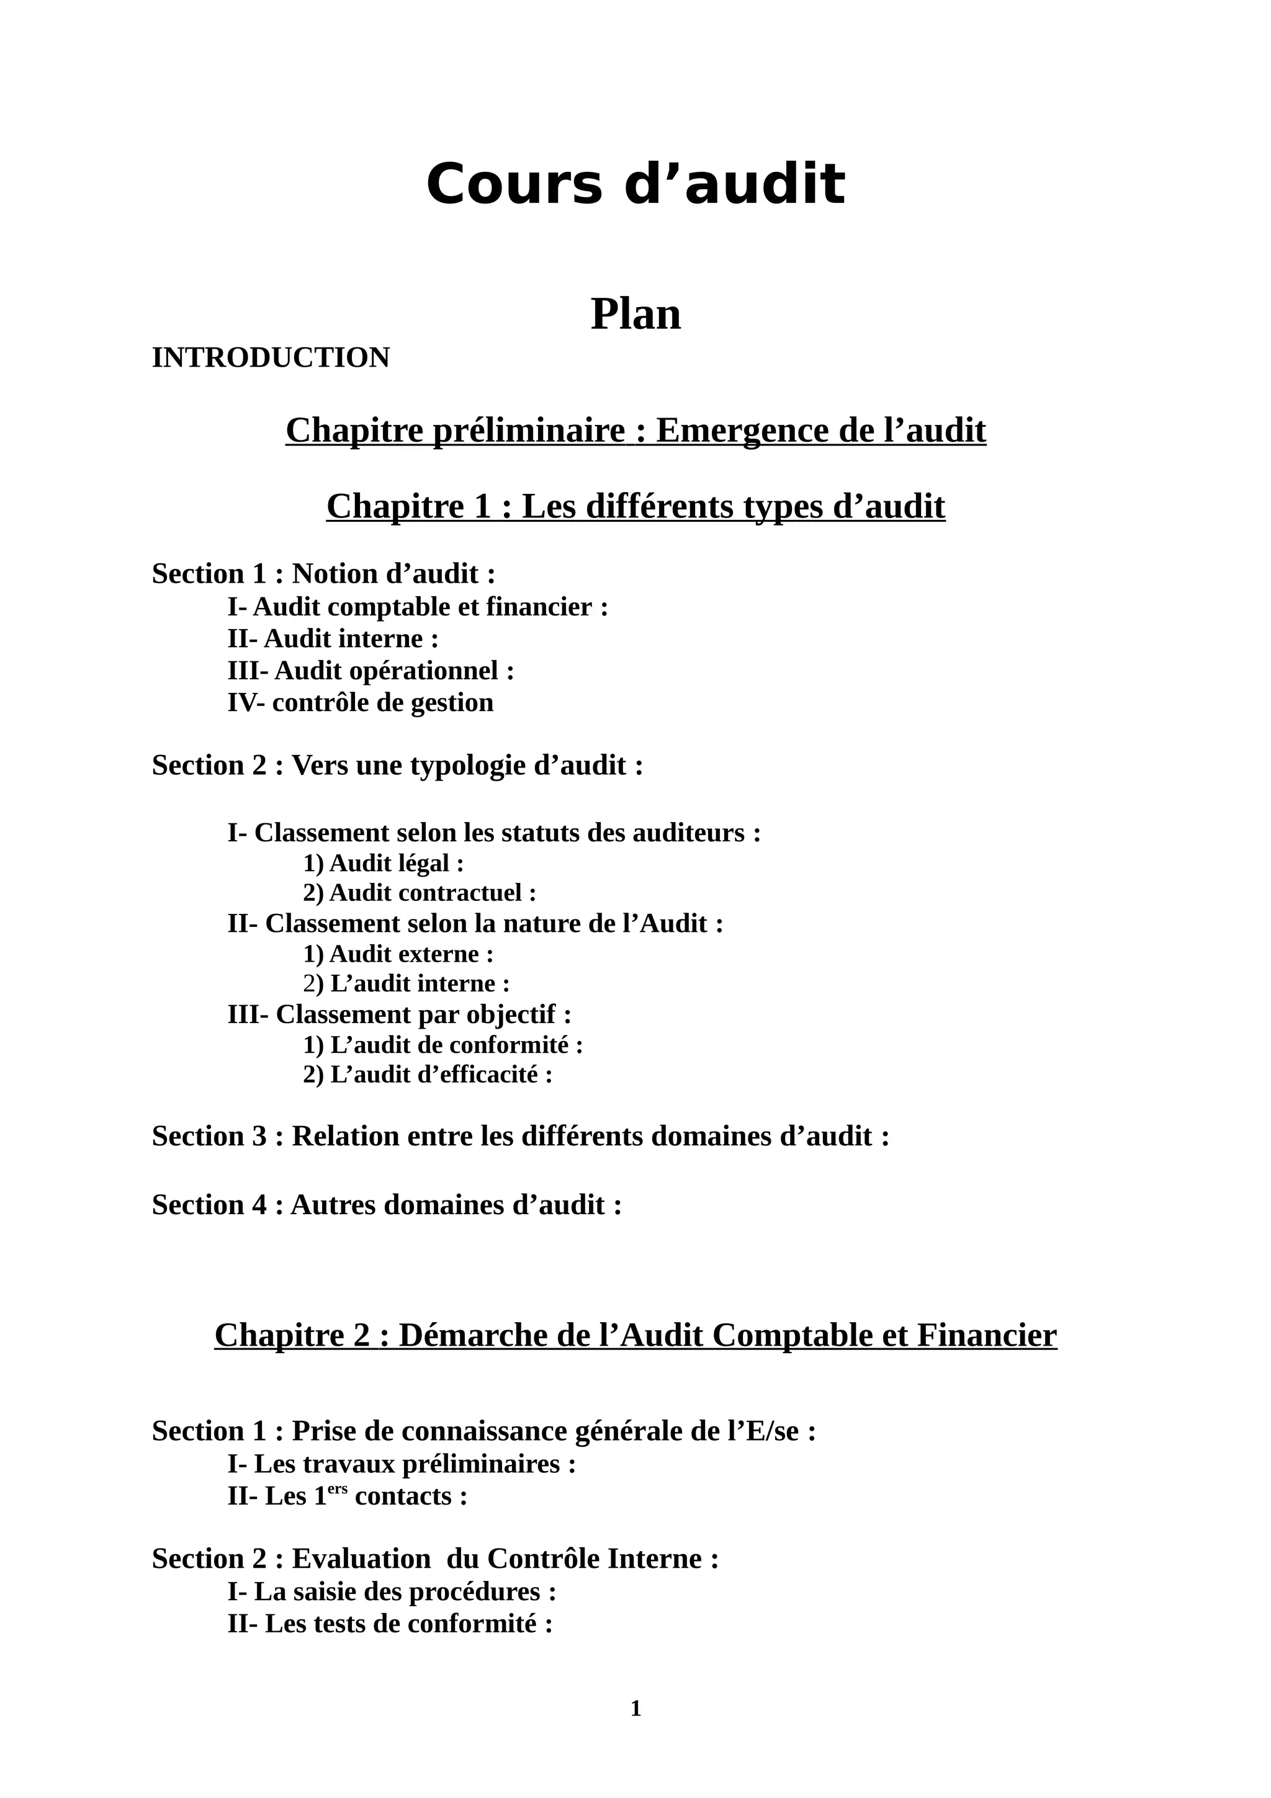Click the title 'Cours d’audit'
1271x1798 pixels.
[635, 185]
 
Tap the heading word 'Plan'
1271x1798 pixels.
[635, 314]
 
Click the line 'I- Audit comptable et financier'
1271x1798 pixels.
[418, 607]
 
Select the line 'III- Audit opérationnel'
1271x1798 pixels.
[371, 670]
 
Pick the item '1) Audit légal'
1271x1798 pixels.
[383, 863]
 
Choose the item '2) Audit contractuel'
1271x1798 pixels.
[419, 893]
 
